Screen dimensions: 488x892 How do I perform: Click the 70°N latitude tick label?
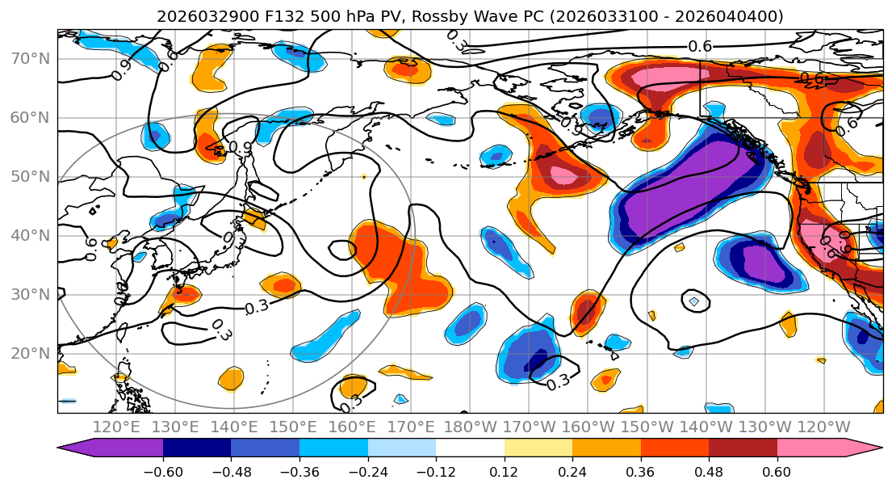tap(30, 58)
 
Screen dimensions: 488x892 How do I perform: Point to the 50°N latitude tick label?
tap(30, 176)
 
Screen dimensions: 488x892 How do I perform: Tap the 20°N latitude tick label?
tap(30, 353)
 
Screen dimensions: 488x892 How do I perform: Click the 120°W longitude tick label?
tap(824, 427)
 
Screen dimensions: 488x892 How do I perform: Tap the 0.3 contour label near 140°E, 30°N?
tap(257, 307)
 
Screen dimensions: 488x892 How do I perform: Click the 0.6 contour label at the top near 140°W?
tap(700, 46)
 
